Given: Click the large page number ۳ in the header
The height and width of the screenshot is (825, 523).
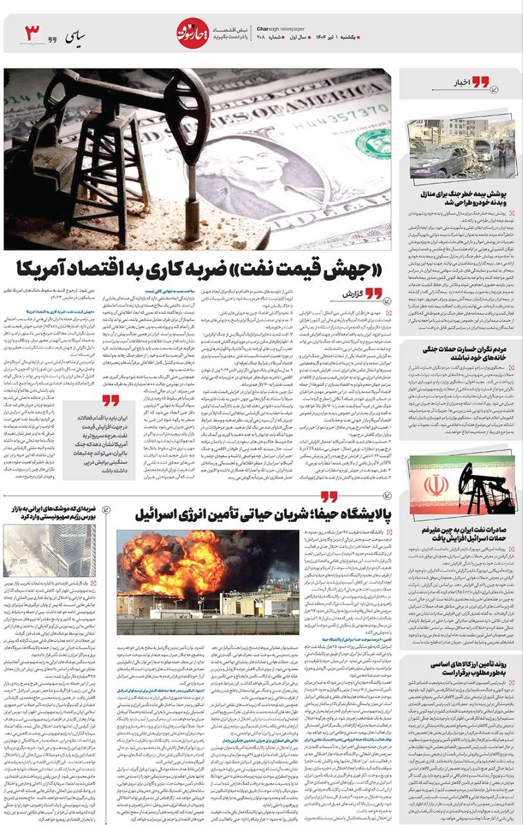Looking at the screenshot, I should point(33,32).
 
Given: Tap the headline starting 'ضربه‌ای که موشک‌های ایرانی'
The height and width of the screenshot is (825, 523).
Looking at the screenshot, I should point(51,513).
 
